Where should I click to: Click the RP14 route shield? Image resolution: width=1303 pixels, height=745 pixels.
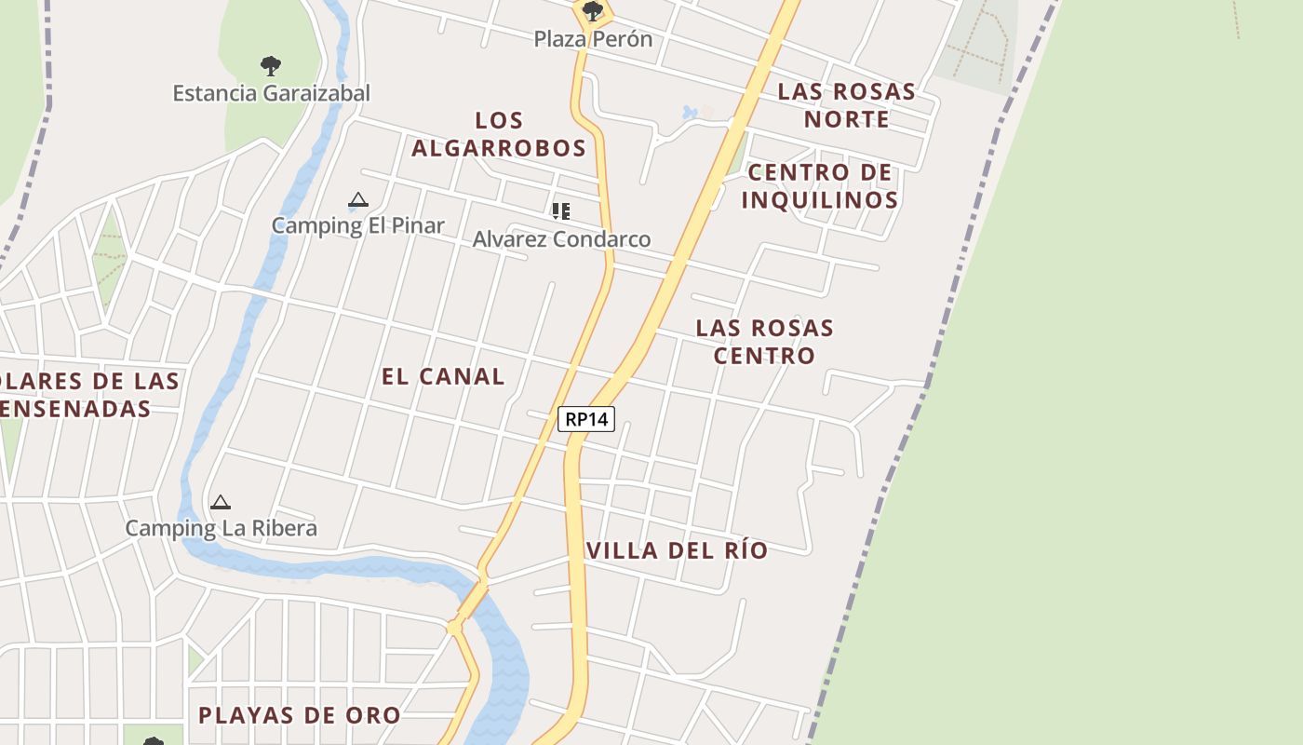click(x=586, y=419)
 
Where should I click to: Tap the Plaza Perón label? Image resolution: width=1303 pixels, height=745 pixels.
click(x=593, y=39)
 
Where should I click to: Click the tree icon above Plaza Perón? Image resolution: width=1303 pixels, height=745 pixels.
click(x=593, y=12)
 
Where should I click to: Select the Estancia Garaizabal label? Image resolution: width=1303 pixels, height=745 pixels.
click(x=271, y=93)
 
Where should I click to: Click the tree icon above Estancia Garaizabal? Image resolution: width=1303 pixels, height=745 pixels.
click(x=271, y=66)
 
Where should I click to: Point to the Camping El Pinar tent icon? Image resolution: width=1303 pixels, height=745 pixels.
click(x=357, y=199)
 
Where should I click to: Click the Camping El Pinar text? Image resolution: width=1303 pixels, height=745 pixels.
click(x=357, y=225)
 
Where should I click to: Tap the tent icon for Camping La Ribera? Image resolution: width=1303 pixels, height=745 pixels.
click(x=221, y=503)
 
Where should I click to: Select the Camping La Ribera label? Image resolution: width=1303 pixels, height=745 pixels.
click(x=222, y=528)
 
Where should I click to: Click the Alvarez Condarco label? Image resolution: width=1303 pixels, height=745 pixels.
click(x=561, y=239)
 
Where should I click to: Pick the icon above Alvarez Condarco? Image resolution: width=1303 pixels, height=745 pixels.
click(x=560, y=211)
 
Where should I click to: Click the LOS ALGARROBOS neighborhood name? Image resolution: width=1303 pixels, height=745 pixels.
click(x=499, y=134)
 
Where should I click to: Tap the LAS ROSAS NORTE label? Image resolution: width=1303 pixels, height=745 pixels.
click(x=847, y=105)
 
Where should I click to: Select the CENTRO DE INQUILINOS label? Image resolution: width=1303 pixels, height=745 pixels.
click(x=819, y=186)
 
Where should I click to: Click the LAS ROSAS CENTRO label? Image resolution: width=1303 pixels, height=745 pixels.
click(x=764, y=342)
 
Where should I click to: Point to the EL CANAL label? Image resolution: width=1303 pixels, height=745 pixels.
click(x=443, y=376)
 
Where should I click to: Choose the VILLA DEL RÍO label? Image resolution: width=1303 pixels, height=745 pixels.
click(x=678, y=550)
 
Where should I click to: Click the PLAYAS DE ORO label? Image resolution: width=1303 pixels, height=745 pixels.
click(x=300, y=715)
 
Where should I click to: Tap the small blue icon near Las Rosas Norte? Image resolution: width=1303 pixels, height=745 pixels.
click(x=690, y=113)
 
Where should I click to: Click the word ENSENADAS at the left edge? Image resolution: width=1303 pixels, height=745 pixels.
click(x=76, y=409)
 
